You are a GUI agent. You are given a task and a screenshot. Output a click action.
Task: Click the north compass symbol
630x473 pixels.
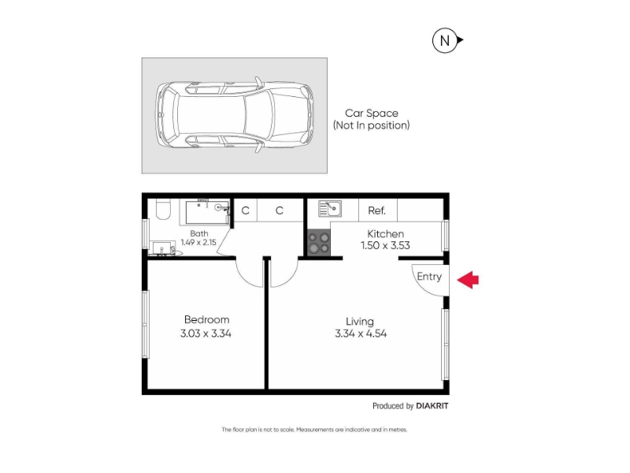tap(447, 40)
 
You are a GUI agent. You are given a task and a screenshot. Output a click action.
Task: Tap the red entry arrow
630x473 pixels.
tap(468, 280)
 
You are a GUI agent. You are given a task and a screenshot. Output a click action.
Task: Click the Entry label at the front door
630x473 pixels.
tap(429, 277)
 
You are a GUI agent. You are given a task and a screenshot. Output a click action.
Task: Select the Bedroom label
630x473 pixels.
tap(206, 320)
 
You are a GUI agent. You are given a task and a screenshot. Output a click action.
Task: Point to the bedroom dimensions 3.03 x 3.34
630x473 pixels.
tap(206, 333)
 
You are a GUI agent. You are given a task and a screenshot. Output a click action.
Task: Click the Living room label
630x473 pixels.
tap(360, 322)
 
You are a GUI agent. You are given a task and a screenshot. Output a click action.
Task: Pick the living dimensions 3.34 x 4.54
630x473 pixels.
tap(361, 333)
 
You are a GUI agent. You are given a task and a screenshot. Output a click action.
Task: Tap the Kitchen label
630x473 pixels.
tap(385, 233)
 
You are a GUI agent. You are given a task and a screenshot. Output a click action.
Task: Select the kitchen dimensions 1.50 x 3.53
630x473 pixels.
tap(385, 245)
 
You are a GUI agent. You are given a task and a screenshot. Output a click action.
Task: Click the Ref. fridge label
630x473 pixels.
tap(376, 210)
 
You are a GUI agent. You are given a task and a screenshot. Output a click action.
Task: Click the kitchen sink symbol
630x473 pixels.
tap(330, 209)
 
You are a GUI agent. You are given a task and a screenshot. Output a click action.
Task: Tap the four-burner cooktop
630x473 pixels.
tap(319, 243)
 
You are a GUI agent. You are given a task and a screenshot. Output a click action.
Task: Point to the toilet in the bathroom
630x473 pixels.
tap(163, 209)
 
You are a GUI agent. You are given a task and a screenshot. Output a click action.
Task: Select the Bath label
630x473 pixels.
tap(199, 233)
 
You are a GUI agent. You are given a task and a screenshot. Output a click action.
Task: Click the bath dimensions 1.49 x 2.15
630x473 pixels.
tap(198, 242)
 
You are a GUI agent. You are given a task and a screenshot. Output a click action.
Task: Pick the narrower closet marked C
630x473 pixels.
tap(246, 210)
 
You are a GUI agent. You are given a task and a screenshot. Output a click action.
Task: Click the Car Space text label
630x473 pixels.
tap(371, 113)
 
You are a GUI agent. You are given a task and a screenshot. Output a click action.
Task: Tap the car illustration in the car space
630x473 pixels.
tap(235, 115)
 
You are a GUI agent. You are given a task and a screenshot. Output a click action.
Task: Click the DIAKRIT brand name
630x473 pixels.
tap(432, 406)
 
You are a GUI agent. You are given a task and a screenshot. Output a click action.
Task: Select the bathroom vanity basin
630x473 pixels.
tap(165, 248)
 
